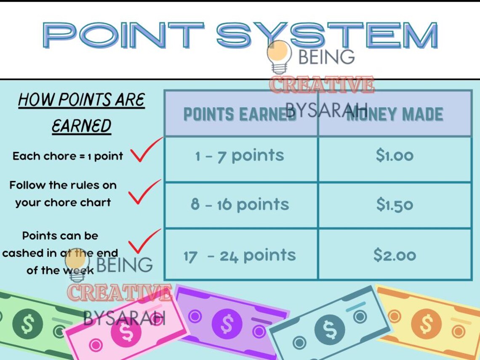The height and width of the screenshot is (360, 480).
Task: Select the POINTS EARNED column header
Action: [240, 114]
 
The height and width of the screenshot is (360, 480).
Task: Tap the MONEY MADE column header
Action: [395, 114]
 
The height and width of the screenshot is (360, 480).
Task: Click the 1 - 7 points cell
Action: [240, 156]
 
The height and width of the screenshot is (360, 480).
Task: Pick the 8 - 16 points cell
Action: [240, 205]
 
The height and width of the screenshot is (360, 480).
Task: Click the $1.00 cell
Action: [395, 156]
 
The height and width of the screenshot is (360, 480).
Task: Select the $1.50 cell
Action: [395, 205]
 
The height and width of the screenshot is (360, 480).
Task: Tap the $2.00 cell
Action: [395, 255]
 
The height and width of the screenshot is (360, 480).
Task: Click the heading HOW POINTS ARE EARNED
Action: [81, 112]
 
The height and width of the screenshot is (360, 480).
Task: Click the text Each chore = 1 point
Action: [68, 156]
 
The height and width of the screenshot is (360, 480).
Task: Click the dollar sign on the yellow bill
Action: [427, 324]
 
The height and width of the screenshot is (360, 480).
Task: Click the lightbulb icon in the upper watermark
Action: [279, 57]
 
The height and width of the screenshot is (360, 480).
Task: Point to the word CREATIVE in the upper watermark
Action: [322, 85]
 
